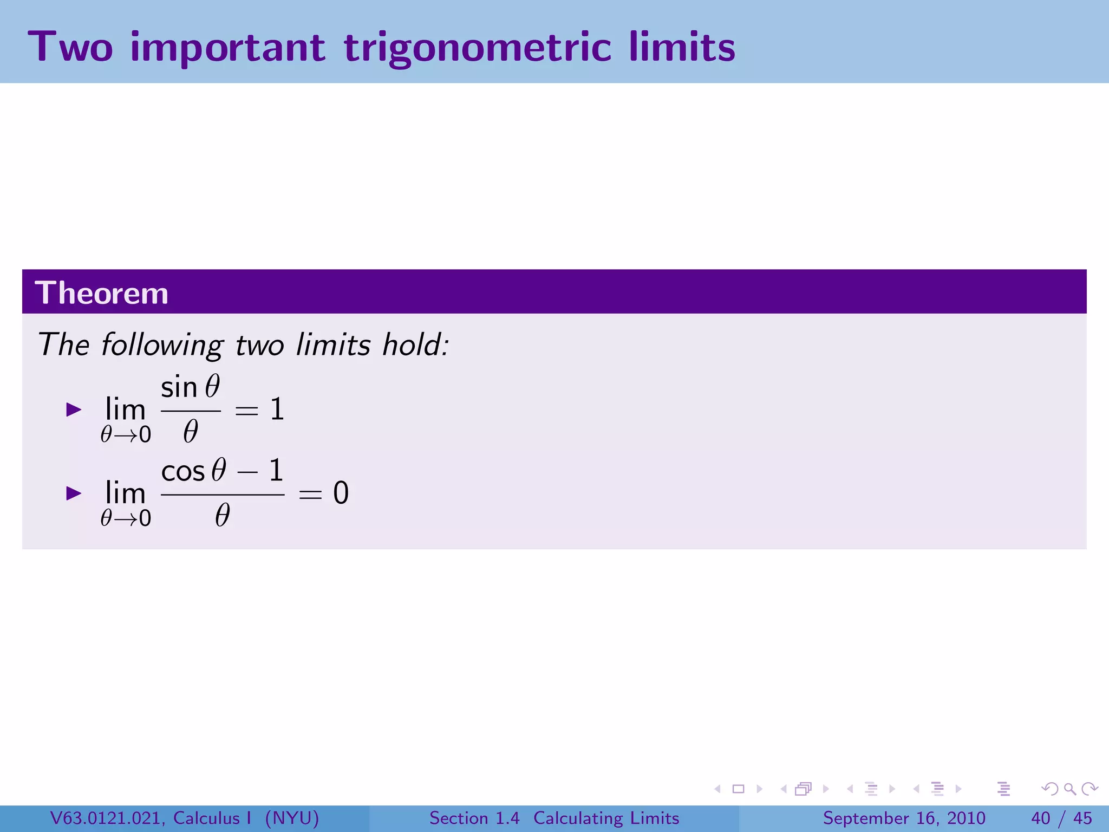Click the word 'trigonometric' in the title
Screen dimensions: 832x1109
tap(477, 48)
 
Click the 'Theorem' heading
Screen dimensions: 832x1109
tap(101, 293)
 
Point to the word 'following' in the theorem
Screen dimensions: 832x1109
tap(162, 345)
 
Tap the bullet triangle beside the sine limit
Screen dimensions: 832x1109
tap(74, 409)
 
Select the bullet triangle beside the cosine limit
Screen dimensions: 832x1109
tap(74, 493)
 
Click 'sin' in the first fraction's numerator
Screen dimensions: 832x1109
tap(179, 388)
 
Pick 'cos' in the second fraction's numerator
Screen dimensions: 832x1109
tap(183, 471)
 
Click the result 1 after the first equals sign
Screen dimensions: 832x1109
tap(277, 409)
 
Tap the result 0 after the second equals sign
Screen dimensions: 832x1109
tap(341, 493)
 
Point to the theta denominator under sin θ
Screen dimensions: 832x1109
tap(190, 432)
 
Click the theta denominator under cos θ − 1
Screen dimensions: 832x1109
tap(222, 515)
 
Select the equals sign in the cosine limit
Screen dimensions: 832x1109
tap(310, 493)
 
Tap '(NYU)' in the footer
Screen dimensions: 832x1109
tap(292, 818)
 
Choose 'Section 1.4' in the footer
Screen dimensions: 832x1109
tap(474, 818)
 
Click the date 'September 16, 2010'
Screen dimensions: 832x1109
tap(904, 818)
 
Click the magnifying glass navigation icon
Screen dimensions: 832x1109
tap(1069, 789)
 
